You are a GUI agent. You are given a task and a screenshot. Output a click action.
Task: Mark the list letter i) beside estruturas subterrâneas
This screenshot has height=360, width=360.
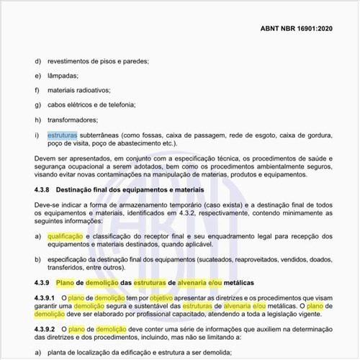coord(37,135)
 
